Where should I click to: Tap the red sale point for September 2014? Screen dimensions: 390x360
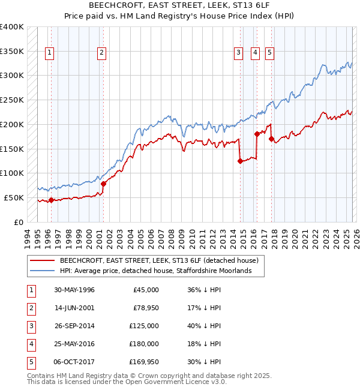pyautogui.click(x=240, y=161)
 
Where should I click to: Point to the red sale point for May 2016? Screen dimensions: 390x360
pyautogui.click(x=257, y=134)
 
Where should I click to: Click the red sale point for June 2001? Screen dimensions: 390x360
pyautogui.click(x=103, y=184)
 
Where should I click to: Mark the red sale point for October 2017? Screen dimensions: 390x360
pyautogui.click(x=271, y=139)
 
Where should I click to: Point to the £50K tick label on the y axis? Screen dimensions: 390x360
pyautogui.click(x=14, y=197)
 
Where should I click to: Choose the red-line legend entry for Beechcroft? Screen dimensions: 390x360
pyautogui.click(x=158, y=261)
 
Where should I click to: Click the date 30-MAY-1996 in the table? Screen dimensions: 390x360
pyautogui.click(x=74, y=290)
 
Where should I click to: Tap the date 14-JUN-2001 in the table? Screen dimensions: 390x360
pyautogui.click(x=74, y=308)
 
